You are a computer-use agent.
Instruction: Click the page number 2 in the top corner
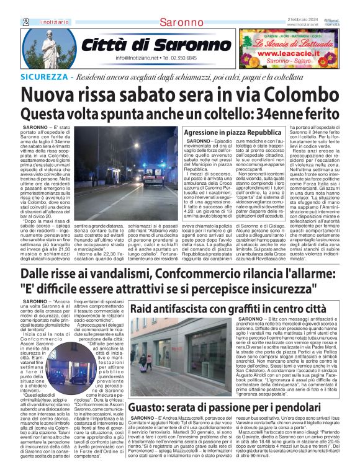click(x=26, y=22)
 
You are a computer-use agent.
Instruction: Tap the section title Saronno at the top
click(x=179, y=22)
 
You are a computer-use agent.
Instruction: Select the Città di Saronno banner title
click(x=139, y=45)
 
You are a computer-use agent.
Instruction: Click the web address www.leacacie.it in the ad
click(x=287, y=54)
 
